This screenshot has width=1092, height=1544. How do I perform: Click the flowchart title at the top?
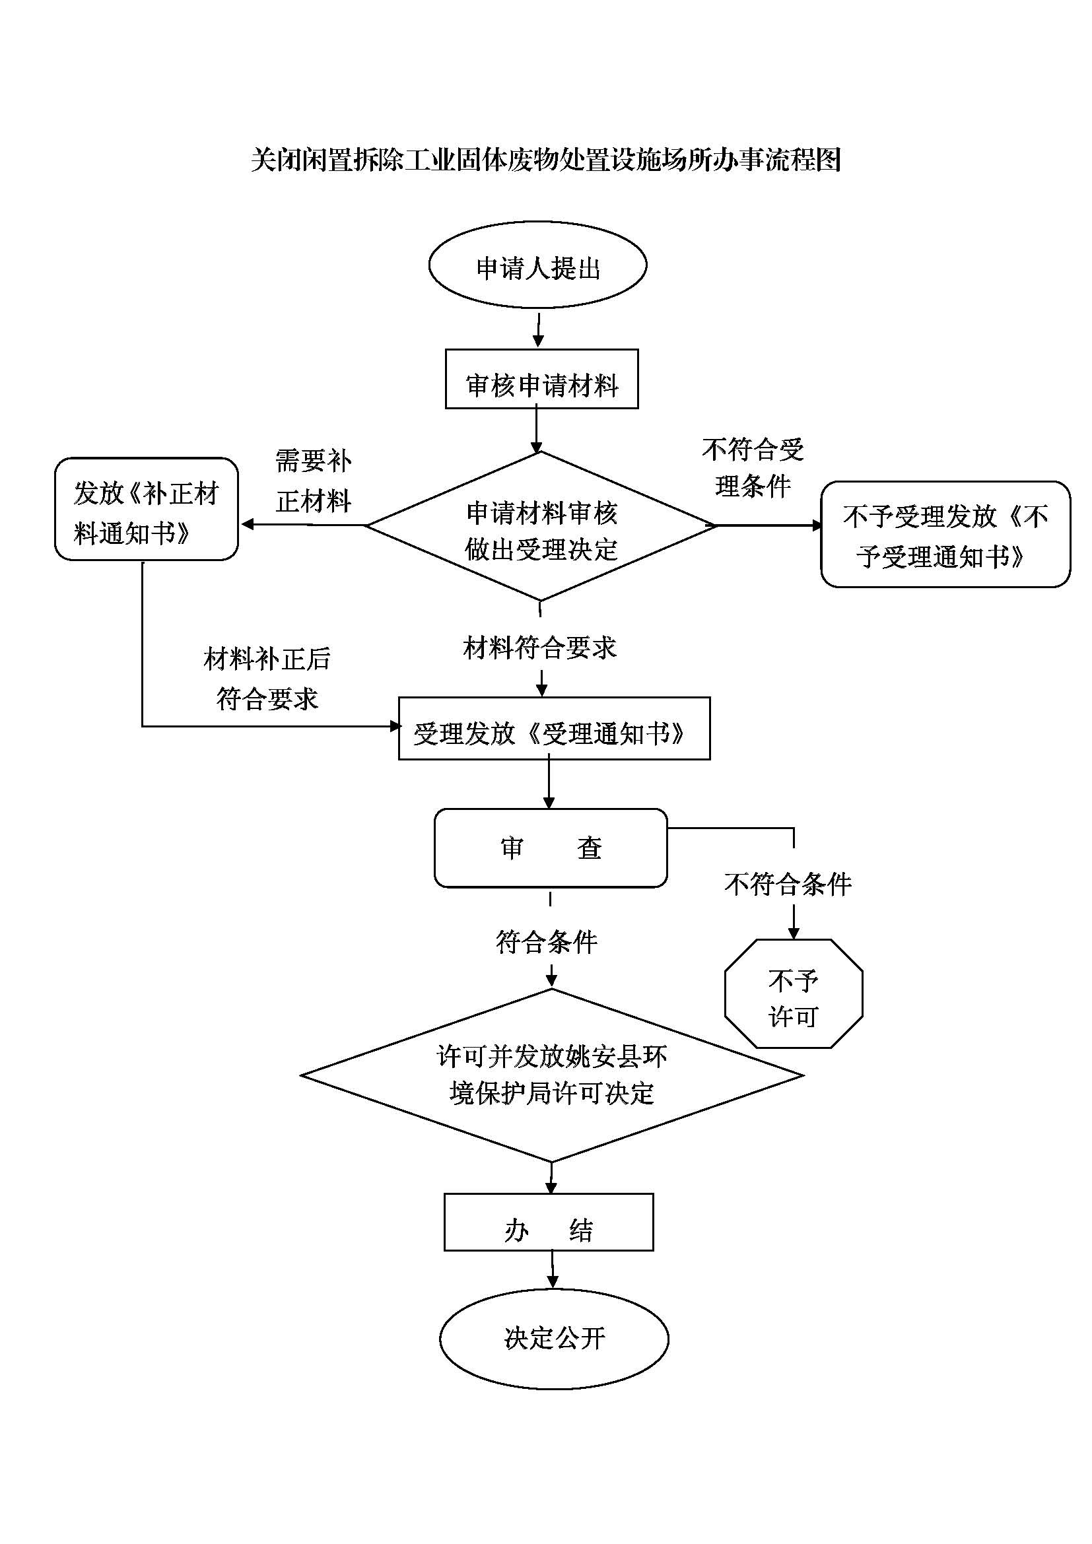click(x=545, y=160)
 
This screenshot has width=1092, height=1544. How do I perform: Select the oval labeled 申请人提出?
click(x=537, y=265)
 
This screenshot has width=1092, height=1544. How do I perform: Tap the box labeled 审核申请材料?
click(x=541, y=380)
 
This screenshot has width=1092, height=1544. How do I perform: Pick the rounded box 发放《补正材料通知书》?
click(x=146, y=509)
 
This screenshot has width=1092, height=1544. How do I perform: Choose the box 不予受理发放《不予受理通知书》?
click(x=945, y=535)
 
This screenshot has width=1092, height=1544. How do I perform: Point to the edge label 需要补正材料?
click(x=314, y=481)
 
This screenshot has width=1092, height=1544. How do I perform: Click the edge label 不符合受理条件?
click(x=753, y=467)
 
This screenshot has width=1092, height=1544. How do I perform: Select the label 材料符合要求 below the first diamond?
click(x=540, y=648)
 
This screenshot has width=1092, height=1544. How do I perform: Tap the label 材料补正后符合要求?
click(x=267, y=679)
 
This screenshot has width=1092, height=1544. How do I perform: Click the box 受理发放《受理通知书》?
click(x=554, y=729)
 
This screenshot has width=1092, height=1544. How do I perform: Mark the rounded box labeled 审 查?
click(x=551, y=848)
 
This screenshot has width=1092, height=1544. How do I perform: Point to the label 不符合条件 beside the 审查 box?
click(x=788, y=885)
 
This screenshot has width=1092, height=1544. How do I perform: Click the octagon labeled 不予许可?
click(x=794, y=994)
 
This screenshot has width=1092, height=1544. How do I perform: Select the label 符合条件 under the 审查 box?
click(x=547, y=942)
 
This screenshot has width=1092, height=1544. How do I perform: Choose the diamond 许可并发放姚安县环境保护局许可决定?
click(x=551, y=1075)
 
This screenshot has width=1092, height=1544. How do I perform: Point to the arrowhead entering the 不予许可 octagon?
click(x=794, y=933)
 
